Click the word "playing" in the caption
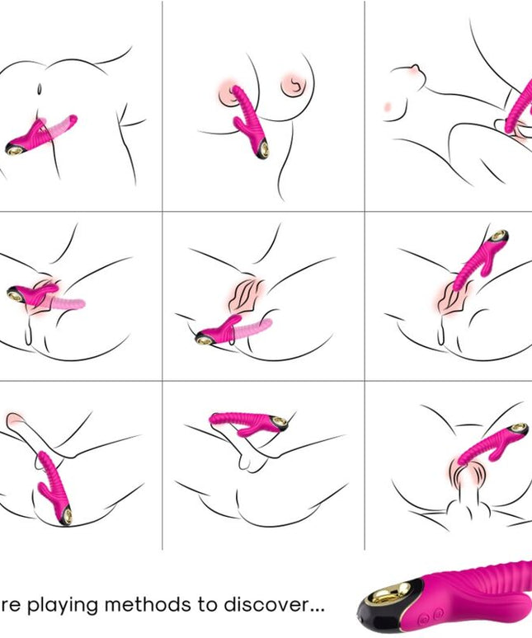69,605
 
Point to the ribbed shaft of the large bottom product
487,581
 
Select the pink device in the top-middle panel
247,124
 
